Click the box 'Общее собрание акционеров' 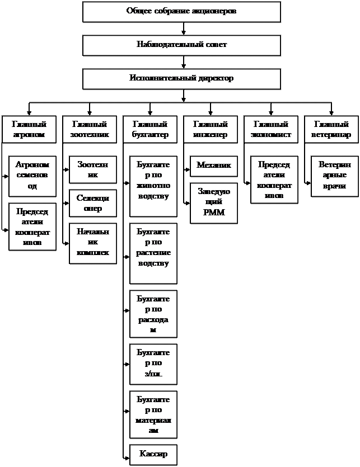[x=181, y=12]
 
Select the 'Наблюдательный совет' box [x=181, y=45]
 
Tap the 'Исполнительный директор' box [x=181, y=79]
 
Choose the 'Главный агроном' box [x=29, y=130]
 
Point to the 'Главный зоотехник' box [x=89, y=130]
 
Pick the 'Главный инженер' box [x=210, y=130]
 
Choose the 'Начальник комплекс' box [x=93, y=243]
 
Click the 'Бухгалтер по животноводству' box [x=153, y=186]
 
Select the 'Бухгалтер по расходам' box [x=153, y=314]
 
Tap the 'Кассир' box [x=153, y=454]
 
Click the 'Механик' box [x=214, y=166]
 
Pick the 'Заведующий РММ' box [x=214, y=203]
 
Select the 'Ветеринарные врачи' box [x=335, y=176]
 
